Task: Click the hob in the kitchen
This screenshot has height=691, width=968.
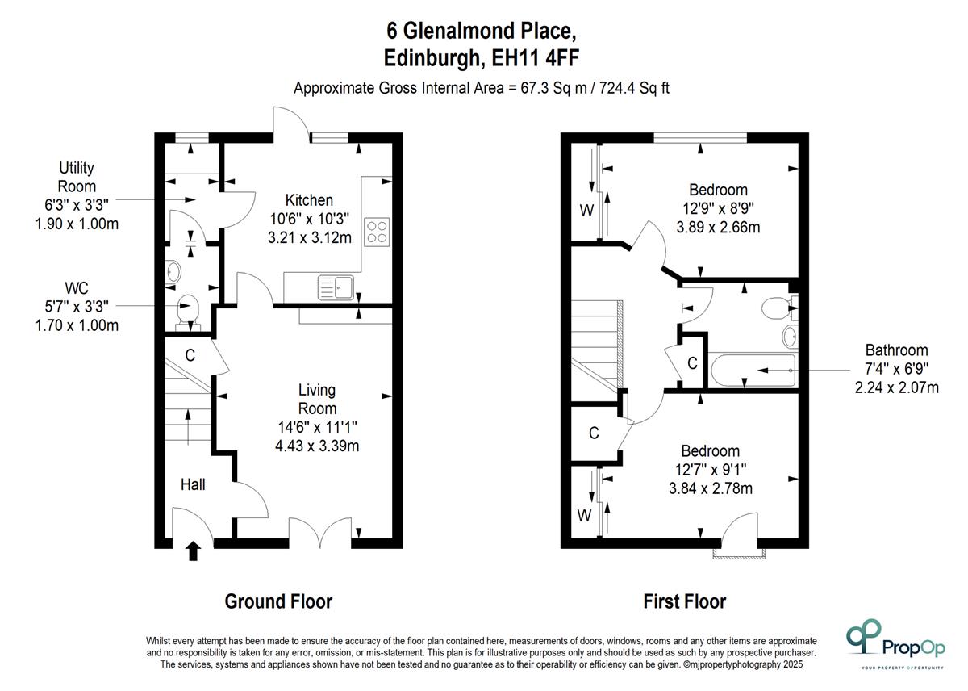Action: [x=377, y=232]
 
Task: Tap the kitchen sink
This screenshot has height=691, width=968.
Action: [x=336, y=287]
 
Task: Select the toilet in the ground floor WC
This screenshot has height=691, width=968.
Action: [x=189, y=312]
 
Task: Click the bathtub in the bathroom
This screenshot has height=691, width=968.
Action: [x=753, y=371]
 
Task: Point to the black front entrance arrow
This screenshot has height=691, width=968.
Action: [x=193, y=551]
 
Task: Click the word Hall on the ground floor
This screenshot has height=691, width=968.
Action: [x=193, y=484]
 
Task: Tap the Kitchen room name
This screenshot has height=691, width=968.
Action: [x=310, y=200]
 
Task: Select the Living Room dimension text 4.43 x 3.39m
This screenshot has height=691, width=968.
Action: [x=317, y=446]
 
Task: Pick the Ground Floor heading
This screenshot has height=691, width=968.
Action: [x=279, y=601]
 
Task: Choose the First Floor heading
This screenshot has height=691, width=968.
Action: [x=685, y=601]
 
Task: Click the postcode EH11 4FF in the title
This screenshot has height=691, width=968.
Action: [x=536, y=57]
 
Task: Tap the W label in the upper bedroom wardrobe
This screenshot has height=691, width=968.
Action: [x=586, y=211]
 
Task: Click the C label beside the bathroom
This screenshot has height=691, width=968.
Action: [x=692, y=363]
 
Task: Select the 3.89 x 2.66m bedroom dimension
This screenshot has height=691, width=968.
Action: [x=718, y=227]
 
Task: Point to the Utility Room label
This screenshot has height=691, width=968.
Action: [x=77, y=177]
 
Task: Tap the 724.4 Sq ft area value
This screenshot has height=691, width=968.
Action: [x=634, y=88]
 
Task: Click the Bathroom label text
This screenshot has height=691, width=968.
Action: [x=897, y=350]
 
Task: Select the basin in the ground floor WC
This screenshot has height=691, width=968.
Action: [x=173, y=271]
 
